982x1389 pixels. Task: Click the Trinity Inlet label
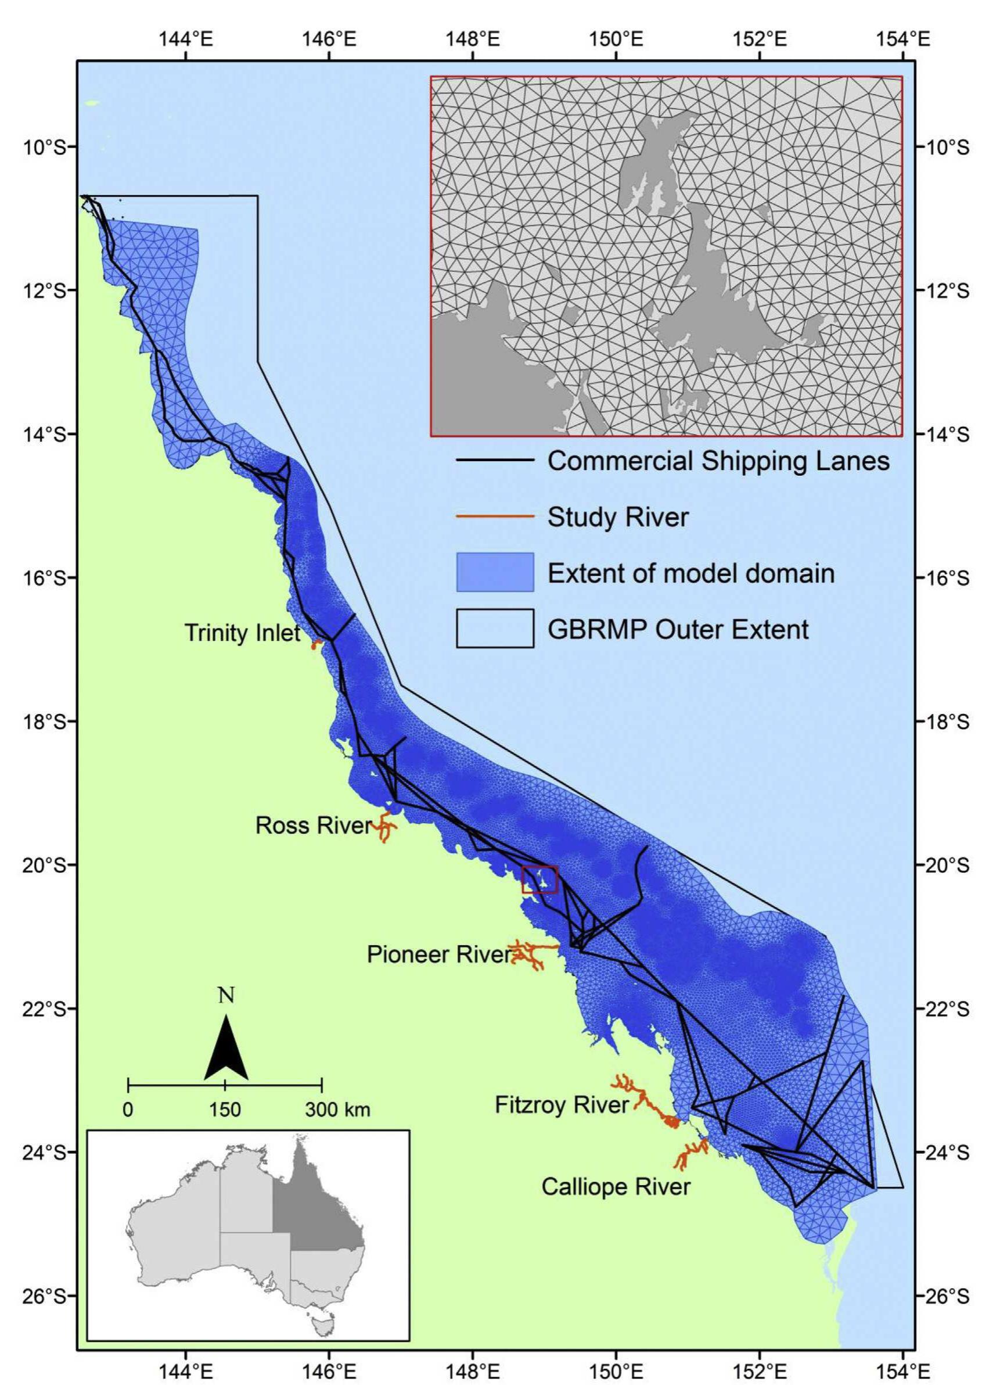point(242,633)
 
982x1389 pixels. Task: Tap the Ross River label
point(312,825)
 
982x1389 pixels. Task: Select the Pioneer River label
point(439,954)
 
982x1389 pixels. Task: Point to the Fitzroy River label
point(562,1106)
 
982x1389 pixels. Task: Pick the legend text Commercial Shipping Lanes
point(718,461)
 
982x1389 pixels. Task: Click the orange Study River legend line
point(495,516)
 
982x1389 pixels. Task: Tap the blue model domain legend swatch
point(495,572)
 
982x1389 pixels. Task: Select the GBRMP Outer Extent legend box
point(495,629)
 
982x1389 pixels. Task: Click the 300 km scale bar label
point(337,1110)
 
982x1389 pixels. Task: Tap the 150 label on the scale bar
point(225,1110)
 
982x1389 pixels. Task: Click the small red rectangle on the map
point(539,880)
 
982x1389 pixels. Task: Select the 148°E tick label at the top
point(473,40)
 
